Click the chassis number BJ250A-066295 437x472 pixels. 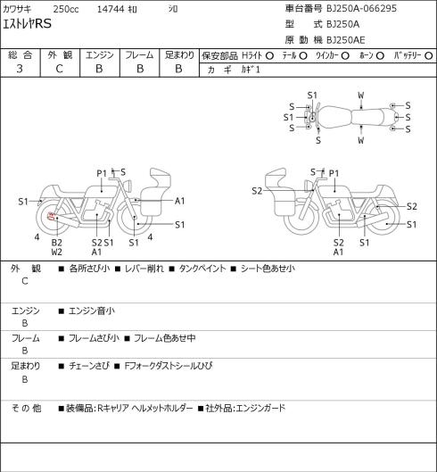click(x=361, y=8)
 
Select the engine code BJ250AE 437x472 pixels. click(x=346, y=40)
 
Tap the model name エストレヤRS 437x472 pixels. click(x=27, y=24)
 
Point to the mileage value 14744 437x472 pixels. click(x=111, y=9)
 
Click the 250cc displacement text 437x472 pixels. click(x=66, y=9)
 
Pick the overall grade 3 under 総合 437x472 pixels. click(x=20, y=69)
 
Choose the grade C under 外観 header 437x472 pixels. click(x=59, y=69)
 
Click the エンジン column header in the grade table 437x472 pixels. click(x=100, y=55)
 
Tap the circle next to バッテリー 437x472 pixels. click(x=429, y=55)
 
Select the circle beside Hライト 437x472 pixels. click(x=269, y=55)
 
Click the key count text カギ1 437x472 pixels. click(x=251, y=70)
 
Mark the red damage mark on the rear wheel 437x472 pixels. click(x=52, y=216)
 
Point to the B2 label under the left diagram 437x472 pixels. click(x=56, y=243)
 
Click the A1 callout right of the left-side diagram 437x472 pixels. click(x=179, y=201)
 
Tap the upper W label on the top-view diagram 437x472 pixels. click(x=361, y=95)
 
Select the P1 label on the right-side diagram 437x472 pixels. click(x=334, y=173)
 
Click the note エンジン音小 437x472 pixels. click(x=92, y=311)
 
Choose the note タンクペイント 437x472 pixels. click(x=202, y=269)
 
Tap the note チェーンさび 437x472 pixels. click(x=89, y=366)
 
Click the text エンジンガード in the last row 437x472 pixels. click(x=260, y=408)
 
